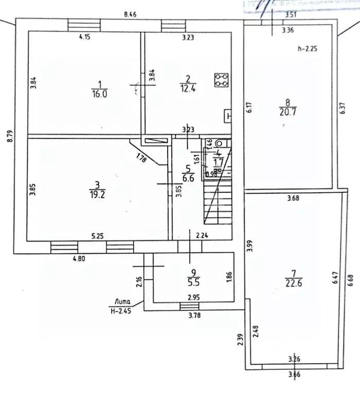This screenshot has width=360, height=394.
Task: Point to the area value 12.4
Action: click(188, 88)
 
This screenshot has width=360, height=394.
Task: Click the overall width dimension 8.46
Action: click(130, 15)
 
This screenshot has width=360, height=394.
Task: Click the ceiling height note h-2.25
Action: click(308, 49)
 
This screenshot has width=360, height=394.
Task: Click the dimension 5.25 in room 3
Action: click(98, 236)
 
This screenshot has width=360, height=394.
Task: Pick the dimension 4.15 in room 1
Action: click(85, 37)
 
